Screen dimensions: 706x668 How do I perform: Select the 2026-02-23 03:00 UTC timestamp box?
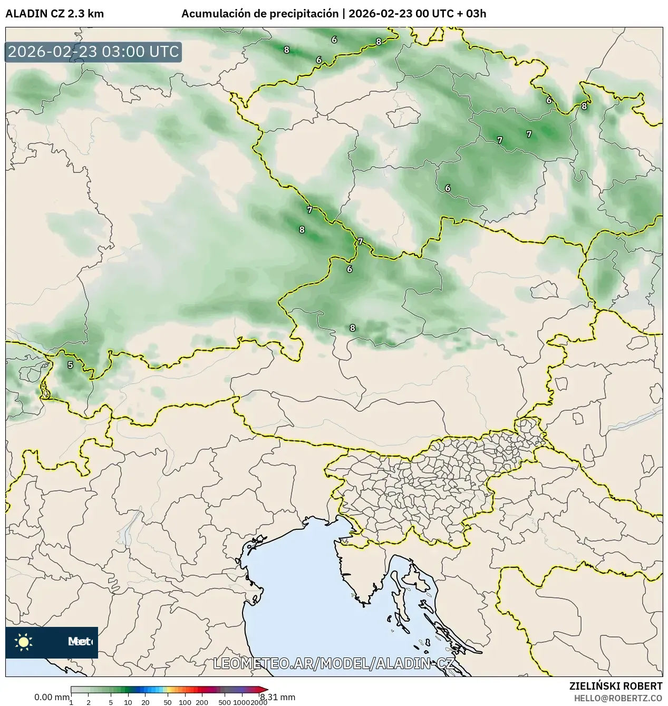click(93, 52)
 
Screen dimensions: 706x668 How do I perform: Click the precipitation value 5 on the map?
click(70, 364)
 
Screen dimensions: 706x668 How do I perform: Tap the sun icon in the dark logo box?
click(23, 642)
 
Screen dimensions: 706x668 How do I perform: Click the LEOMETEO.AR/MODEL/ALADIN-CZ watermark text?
click(333, 663)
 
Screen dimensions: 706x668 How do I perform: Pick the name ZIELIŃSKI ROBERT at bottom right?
click(616, 686)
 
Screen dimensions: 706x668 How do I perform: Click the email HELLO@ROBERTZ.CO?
click(618, 698)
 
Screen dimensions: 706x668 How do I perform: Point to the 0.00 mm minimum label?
click(52, 697)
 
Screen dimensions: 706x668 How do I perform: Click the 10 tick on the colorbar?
click(128, 702)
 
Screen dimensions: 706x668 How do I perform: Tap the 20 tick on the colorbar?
click(146, 702)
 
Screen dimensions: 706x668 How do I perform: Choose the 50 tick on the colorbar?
click(168, 702)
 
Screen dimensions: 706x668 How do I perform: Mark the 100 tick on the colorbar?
click(185, 702)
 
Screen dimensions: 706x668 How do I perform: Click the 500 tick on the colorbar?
click(225, 702)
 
